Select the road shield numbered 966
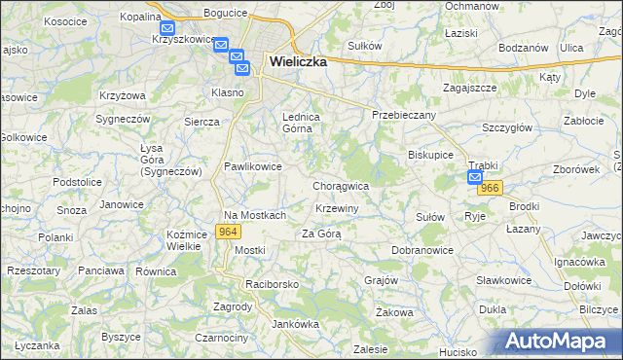[491, 189]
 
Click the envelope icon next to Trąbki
[475, 177]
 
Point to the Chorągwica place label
[341, 185]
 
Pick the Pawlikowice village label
[253, 166]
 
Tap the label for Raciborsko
[272, 284]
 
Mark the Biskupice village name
[431, 155]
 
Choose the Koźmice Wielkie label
[185, 239]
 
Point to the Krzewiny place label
[338, 209]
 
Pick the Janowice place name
[122, 204]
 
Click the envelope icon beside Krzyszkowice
[167, 30]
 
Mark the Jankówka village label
[296, 323]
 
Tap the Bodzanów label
[525, 48]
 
